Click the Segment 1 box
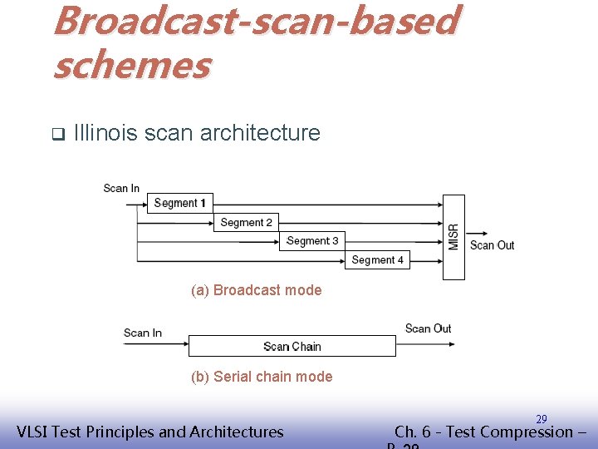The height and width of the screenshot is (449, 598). (x=180, y=203)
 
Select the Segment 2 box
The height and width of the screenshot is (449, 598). (x=247, y=222)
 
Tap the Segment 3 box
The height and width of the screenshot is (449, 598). (x=312, y=241)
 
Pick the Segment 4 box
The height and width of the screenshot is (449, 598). (x=377, y=260)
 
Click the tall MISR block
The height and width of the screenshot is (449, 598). (x=453, y=237)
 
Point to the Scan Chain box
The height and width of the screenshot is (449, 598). (x=292, y=346)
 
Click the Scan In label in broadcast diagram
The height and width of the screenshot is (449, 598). (x=121, y=188)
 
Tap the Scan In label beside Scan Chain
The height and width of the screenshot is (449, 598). (x=142, y=333)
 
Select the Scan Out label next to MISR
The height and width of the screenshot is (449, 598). (x=492, y=244)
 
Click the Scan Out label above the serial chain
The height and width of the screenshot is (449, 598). (x=428, y=328)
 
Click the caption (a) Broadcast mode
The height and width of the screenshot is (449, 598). (x=256, y=290)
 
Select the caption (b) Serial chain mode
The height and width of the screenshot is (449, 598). (x=261, y=377)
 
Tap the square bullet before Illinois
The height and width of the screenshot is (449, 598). (x=57, y=133)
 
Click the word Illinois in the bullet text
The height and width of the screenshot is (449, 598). (x=105, y=132)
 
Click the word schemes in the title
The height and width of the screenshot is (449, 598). (x=131, y=65)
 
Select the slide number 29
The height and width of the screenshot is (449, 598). (x=541, y=419)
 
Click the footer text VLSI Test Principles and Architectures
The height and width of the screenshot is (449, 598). (x=150, y=432)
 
